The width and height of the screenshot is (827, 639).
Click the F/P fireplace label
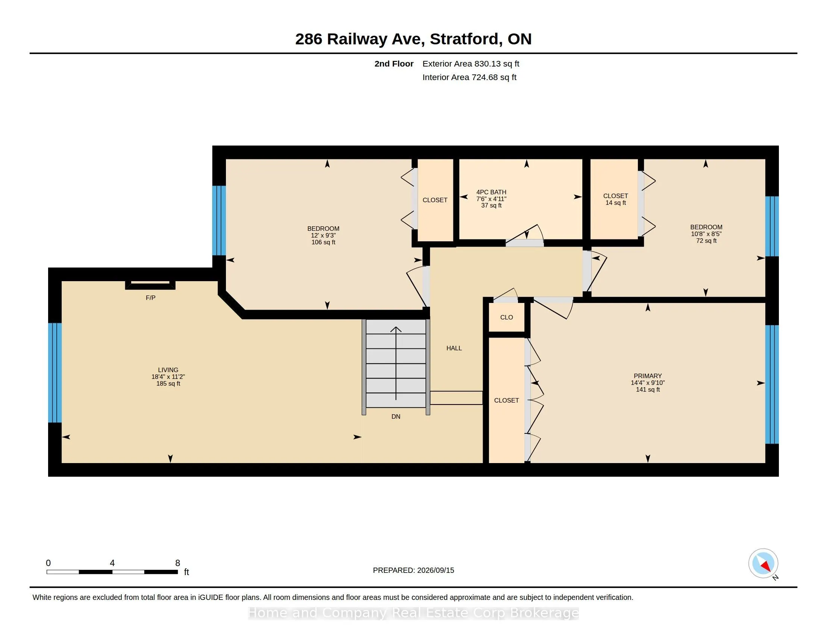coord(150,298)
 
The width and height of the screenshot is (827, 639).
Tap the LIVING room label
coord(168,370)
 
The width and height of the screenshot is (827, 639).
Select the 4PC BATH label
coord(491,192)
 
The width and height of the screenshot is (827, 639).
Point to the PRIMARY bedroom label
coord(648,376)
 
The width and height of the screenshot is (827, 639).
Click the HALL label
coord(454,348)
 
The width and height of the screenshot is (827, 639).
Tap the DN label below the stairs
coord(396,417)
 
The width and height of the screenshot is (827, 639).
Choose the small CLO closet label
coord(506,317)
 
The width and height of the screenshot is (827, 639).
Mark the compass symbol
coord(763,563)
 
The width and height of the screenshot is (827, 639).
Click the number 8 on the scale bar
coord(177,563)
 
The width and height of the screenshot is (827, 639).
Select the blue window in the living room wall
coord(55,372)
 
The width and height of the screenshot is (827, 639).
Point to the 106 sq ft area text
coord(323,242)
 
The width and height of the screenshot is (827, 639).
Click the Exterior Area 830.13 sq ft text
coord(471,64)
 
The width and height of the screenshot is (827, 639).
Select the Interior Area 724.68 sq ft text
coord(469,77)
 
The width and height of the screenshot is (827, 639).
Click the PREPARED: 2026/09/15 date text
coord(413,570)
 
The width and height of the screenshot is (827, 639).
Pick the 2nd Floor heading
coord(394,64)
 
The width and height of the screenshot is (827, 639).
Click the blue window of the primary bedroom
coord(772,384)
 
